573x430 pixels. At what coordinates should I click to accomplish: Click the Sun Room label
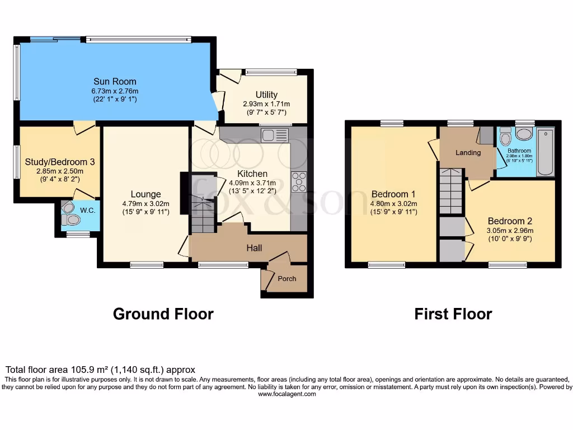[115, 82]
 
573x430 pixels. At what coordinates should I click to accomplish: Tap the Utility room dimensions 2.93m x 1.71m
[266, 104]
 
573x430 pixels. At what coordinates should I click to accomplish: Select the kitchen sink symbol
[274, 135]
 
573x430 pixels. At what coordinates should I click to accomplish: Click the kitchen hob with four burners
[299, 183]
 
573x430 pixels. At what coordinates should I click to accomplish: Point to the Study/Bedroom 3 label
[60, 162]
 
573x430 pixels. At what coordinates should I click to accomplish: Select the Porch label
[286, 279]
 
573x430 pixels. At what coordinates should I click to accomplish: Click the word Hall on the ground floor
[254, 248]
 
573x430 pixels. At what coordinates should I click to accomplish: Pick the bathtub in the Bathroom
[545, 152]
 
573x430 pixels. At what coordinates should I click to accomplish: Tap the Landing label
[468, 152]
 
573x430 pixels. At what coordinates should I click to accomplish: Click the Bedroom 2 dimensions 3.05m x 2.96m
[510, 230]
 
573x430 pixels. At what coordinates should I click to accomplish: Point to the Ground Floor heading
[163, 314]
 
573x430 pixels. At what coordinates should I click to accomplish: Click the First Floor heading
[453, 314]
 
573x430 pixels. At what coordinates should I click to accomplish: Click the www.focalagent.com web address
[286, 394]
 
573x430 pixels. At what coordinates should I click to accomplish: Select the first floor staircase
[451, 190]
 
